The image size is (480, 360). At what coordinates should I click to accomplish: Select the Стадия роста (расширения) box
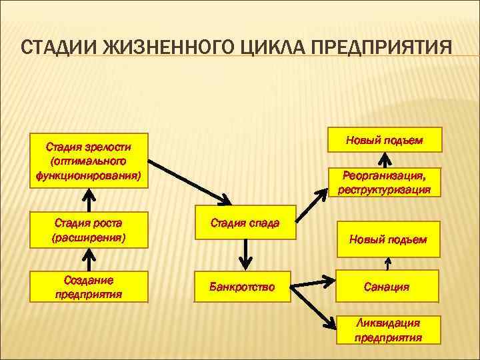88,229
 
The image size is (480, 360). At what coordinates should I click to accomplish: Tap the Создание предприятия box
88,287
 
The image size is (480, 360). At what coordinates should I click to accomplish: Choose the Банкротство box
242,287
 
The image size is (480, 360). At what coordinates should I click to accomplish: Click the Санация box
387,287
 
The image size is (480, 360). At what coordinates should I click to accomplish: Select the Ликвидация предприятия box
387,329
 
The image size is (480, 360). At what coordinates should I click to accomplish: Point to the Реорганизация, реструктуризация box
384,182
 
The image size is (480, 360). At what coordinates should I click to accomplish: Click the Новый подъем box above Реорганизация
384,140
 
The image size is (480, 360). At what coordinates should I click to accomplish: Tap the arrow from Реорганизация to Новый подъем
385,160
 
